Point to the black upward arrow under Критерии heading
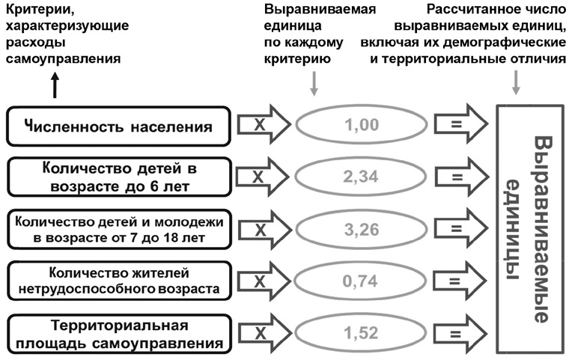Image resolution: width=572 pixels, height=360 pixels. tap(55, 85)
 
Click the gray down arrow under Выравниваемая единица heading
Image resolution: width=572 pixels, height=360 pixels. tap(314, 84)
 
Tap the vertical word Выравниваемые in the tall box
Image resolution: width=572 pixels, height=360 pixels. tap(543, 230)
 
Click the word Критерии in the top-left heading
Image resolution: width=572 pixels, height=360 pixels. tap(40, 10)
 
